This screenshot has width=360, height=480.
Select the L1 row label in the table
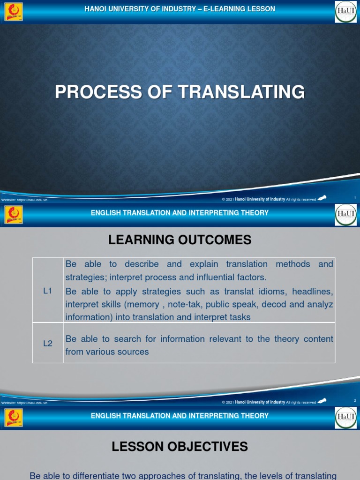point(47,291)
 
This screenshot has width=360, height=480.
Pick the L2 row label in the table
point(47,343)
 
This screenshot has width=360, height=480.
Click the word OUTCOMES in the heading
point(217,240)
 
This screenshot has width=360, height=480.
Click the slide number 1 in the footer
point(355,198)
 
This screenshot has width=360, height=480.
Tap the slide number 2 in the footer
point(355,400)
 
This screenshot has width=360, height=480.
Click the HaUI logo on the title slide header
point(345,12)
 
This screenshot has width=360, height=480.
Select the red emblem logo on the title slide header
point(13,12)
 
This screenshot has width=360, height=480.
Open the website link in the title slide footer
point(24,200)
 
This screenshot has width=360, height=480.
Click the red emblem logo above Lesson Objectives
point(13,418)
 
